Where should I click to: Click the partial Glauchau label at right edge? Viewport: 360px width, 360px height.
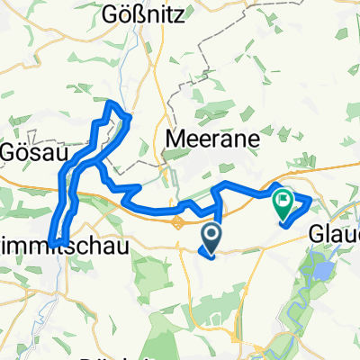point(334,233)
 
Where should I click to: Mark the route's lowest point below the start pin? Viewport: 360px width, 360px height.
point(211,256)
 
